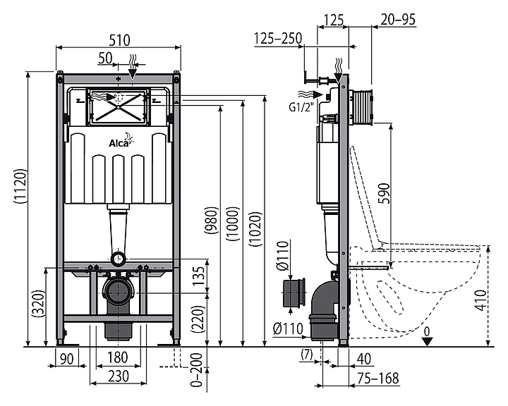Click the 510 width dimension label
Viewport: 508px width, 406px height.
pyautogui.click(x=119, y=40)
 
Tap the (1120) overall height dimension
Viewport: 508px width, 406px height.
pyautogui.click(x=20, y=187)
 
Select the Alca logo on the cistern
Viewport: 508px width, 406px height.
pyautogui.click(x=121, y=140)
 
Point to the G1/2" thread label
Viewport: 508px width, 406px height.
pyautogui.click(x=302, y=106)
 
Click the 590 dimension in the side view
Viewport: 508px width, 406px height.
pyautogui.click(x=385, y=193)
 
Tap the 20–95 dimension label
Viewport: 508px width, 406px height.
pyautogui.click(x=398, y=20)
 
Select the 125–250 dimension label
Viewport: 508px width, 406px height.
pyautogui.click(x=278, y=38)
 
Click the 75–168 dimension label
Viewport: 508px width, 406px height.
pyautogui.click(x=378, y=378)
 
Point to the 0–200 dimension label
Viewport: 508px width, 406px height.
pyautogui.click(x=196, y=370)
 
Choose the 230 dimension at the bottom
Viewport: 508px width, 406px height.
pyautogui.click(x=119, y=376)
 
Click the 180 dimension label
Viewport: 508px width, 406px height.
pyautogui.click(x=117, y=358)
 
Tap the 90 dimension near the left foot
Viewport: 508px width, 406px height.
pyautogui.click(x=67, y=359)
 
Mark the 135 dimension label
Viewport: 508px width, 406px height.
pyautogui.click(x=199, y=276)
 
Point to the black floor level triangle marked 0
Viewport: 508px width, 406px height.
pyautogui.click(x=428, y=341)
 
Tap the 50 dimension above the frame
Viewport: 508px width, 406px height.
pyautogui.click(x=105, y=59)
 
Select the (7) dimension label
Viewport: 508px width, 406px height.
pyautogui.click(x=307, y=355)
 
